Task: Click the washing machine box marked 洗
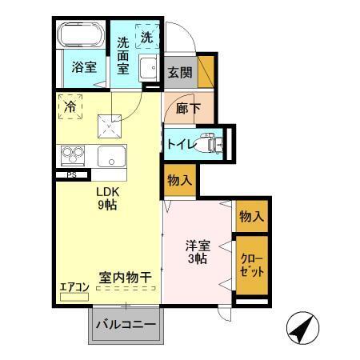tap(147, 37)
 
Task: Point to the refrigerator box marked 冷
tap(71, 106)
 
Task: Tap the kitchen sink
tap(110, 155)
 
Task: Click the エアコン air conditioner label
tap(74, 286)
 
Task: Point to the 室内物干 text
tap(126, 278)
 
